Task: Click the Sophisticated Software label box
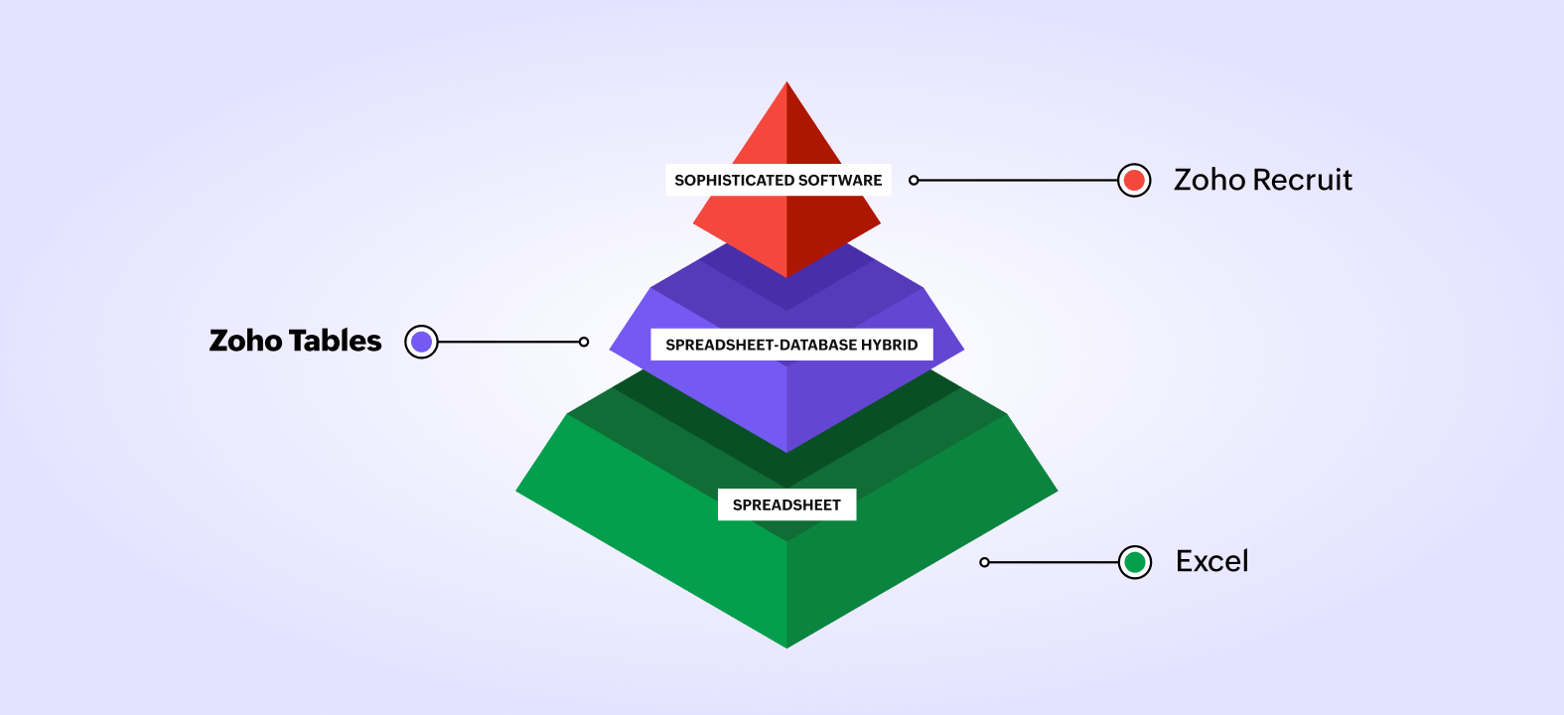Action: pos(778,180)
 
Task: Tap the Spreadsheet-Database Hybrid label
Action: pos(791,345)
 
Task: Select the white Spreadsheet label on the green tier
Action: pos(786,504)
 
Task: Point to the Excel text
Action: pos(1211,561)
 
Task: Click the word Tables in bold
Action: pos(335,341)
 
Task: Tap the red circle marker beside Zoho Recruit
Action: pos(1134,181)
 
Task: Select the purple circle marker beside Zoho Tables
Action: pos(421,342)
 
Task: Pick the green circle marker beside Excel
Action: pos(1135,562)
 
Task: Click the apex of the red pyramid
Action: pos(786,83)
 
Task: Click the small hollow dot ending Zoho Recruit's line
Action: pos(914,181)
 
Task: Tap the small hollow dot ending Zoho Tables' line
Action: pos(584,342)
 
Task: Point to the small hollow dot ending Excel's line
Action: pos(984,562)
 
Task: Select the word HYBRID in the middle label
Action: pos(891,345)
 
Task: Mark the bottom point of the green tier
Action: pos(786,645)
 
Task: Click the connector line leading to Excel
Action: pos(1053,562)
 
